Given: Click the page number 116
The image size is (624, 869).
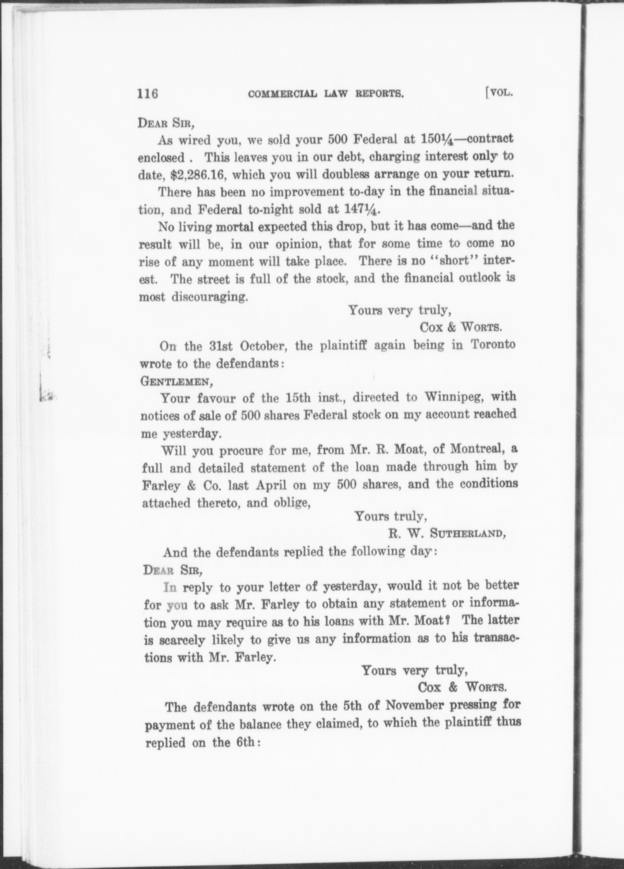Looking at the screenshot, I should [147, 94].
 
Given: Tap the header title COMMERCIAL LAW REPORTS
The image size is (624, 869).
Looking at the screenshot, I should [326, 94].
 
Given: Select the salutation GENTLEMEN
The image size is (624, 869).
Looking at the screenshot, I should [176, 381].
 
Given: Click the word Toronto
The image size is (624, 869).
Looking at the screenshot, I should [493, 345].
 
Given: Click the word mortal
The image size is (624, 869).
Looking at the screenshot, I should [235, 227].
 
